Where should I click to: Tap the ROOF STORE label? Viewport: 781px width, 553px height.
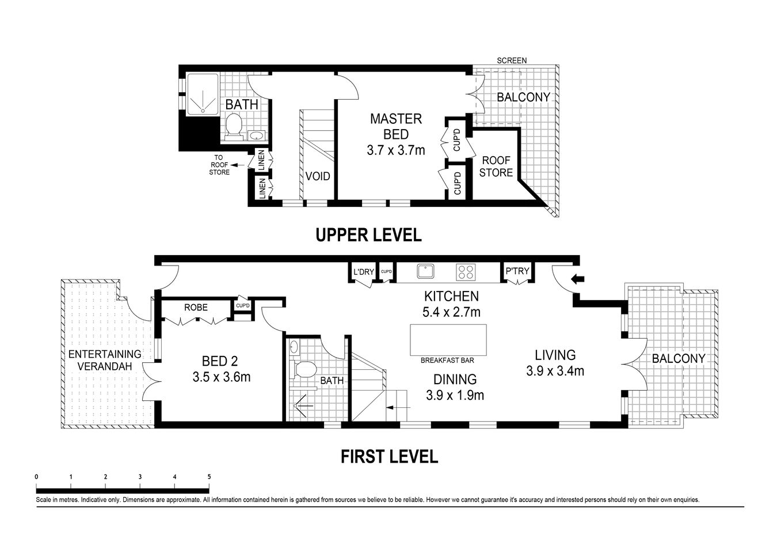point(496,166)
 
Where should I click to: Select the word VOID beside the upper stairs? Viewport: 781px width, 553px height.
point(317,176)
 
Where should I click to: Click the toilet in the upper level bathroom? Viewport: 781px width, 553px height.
point(233,125)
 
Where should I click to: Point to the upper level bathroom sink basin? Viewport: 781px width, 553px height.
point(256,136)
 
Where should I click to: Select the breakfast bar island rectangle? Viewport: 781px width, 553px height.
point(447,340)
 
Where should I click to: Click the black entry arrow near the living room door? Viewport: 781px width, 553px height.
point(577,280)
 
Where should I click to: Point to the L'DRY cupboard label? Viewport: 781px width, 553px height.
point(363,271)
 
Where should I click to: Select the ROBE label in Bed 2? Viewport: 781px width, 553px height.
point(196,308)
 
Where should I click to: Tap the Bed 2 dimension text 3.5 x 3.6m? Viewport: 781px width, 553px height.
point(222,378)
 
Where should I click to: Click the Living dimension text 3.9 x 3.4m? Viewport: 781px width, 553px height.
point(555,372)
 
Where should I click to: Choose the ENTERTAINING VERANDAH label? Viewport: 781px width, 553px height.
point(104,360)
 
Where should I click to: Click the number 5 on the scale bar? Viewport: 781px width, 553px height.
point(209,476)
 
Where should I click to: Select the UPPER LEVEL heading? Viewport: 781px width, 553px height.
point(368,235)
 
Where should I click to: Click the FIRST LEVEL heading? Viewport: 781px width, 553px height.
point(389,457)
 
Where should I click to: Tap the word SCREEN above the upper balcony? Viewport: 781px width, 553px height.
point(512,60)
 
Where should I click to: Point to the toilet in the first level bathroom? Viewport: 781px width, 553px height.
point(306,369)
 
